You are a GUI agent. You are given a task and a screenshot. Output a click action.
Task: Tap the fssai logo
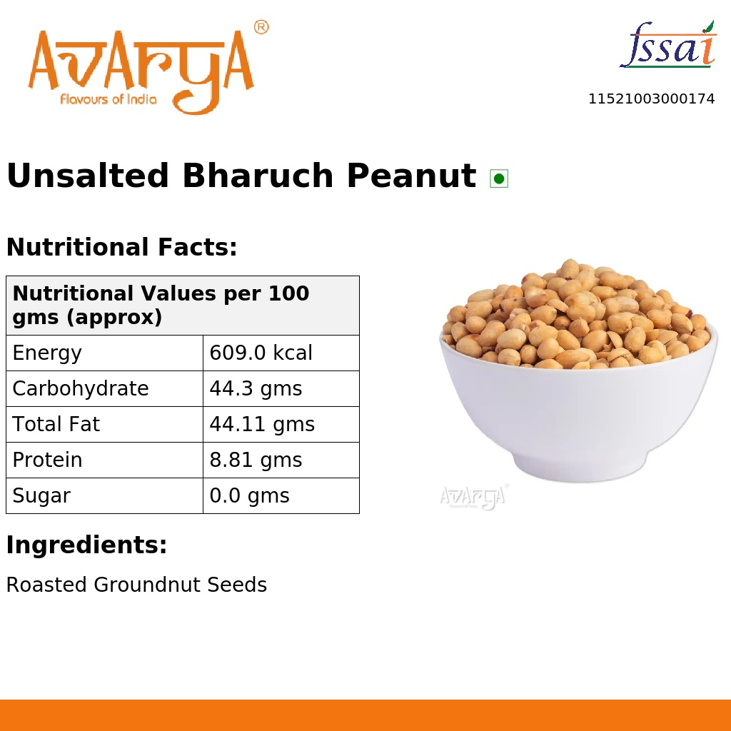click(x=667, y=46)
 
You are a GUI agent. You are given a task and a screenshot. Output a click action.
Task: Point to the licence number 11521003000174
click(x=651, y=99)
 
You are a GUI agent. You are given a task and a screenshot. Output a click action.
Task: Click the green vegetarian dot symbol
click(x=499, y=178)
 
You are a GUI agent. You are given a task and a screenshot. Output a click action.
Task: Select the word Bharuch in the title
click(x=257, y=176)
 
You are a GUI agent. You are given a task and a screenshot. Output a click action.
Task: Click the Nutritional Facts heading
click(x=121, y=248)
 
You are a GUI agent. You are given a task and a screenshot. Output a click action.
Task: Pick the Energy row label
click(x=47, y=353)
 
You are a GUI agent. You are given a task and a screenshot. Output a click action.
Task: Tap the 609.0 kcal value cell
click(x=261, y=353)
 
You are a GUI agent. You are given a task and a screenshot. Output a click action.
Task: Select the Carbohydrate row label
click(x=81, y=389)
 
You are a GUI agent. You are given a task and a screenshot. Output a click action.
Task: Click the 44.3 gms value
click(x=256, y=389)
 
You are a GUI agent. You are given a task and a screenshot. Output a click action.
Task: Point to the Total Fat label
click(x=56, y=425)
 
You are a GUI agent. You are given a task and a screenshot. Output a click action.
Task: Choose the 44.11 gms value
click(x=262, y=425)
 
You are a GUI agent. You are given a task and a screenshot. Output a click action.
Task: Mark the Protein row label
click(x=47, y=460)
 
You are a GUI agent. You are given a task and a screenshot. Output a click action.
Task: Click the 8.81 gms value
click(x=256, y=460)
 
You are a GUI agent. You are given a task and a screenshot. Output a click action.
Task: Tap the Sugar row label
click(x=41, y=496)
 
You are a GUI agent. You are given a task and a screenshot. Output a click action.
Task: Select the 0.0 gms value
click(x=249, y=496)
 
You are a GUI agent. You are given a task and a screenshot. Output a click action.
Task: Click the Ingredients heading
click(x=86, y=545)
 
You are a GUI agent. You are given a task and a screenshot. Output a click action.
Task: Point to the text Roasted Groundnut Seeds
click(x=136, y=585)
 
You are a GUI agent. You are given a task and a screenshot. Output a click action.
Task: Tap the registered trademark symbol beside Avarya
click(x=261, y=28)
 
